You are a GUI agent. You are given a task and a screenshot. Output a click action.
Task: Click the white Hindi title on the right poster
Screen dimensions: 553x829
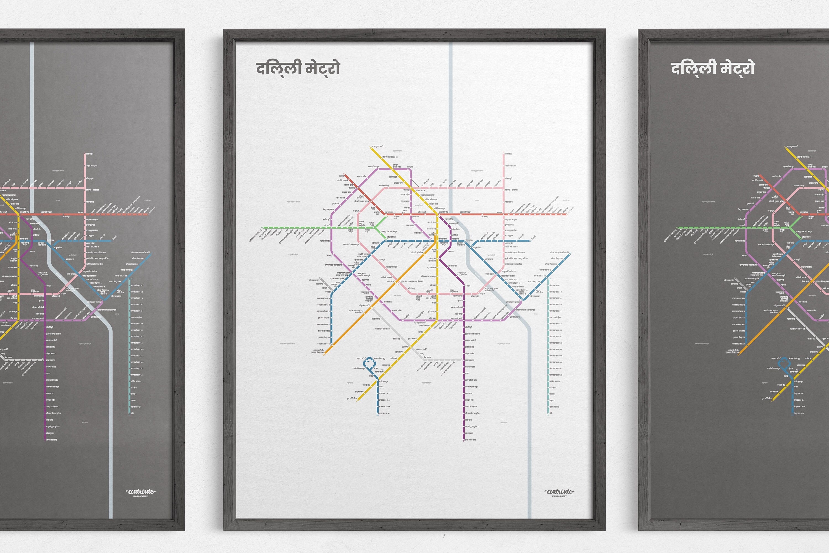pyautogui.click(x=713, y=68)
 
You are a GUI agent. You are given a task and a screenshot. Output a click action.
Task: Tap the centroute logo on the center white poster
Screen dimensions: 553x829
pyautogui.click(x=559, y=491)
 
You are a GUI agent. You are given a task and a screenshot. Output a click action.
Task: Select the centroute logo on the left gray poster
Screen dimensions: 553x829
pyautogui.click(x=141, y=491)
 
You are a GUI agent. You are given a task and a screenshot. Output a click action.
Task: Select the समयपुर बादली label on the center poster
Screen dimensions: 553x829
pyautogui.click(x=377, y=146)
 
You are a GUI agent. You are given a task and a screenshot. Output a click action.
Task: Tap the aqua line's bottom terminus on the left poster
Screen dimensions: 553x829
pyautogui.click(x=129, y=413)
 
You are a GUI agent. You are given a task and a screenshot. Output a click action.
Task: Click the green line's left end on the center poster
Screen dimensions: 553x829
pyautogui.click(x=263, y=228)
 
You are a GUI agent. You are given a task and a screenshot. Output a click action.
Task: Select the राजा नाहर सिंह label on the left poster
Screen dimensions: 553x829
pyautogui.click(x=51, y=440)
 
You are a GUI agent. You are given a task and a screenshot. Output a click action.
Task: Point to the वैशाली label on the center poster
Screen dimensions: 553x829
pyautogui.click(x=534, y=237)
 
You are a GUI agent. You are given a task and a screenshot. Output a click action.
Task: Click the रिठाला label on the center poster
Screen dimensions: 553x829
pyautogui.click(x=341, y=176)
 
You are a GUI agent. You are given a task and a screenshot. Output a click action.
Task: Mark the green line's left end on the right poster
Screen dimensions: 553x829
pyautogui.click(x=678, y=228)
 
